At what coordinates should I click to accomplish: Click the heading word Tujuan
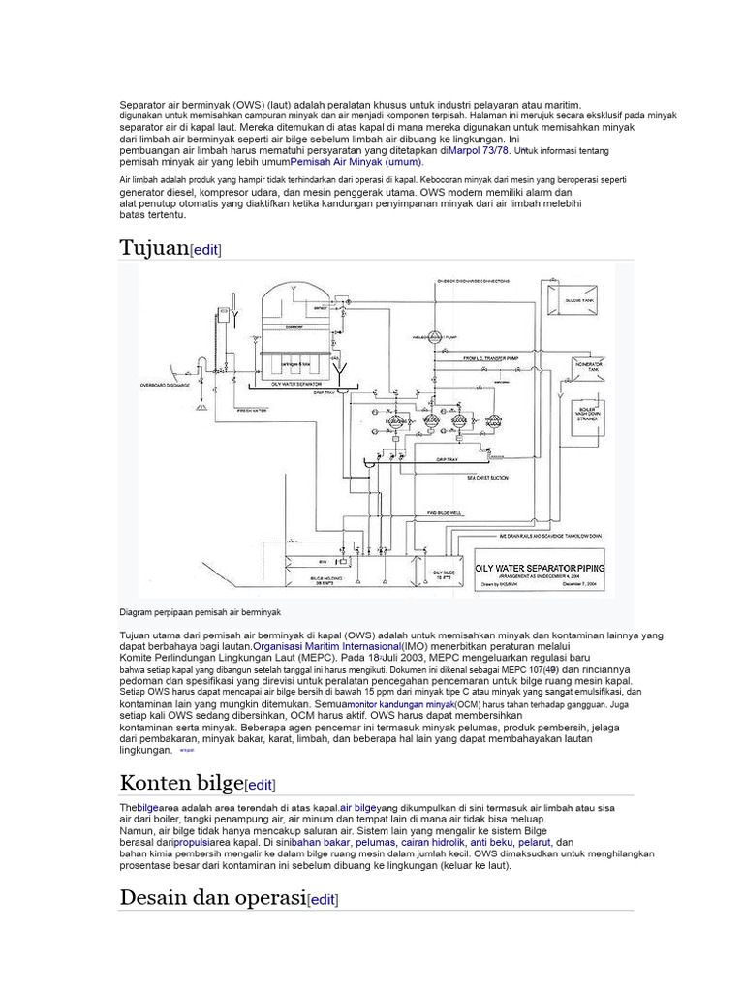[154, 248]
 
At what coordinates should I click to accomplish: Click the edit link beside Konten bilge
[261, 785]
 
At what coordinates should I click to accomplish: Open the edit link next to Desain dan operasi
[323, 899]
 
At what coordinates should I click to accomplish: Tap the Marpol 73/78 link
[480, 151]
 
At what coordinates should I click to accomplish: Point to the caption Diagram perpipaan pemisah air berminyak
[201, 612]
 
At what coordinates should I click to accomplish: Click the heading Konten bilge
[181, 783]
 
